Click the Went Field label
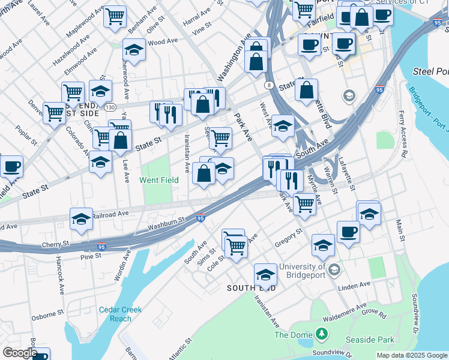click(x=159, y=180)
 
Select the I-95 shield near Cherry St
click(x=101, y=246)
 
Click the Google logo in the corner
click(x=19, y=353)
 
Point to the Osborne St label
click(x=48, y=313)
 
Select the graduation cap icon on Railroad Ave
click(x=81, y=220)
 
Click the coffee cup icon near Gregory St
click(x=348, y=233)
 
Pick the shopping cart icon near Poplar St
click(x=55, y=112)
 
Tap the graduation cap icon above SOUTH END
click(x=265, y=275)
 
